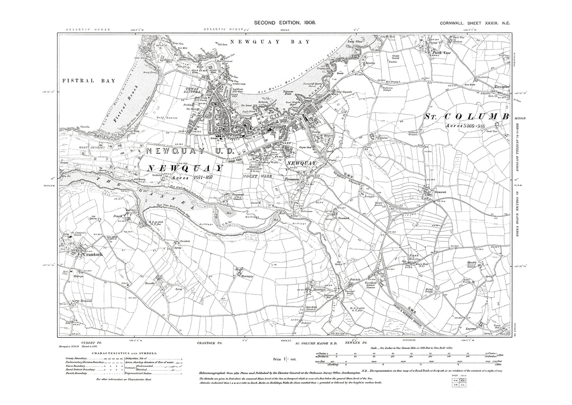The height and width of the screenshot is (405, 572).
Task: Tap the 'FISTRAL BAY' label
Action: click(x=89, y=81)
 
